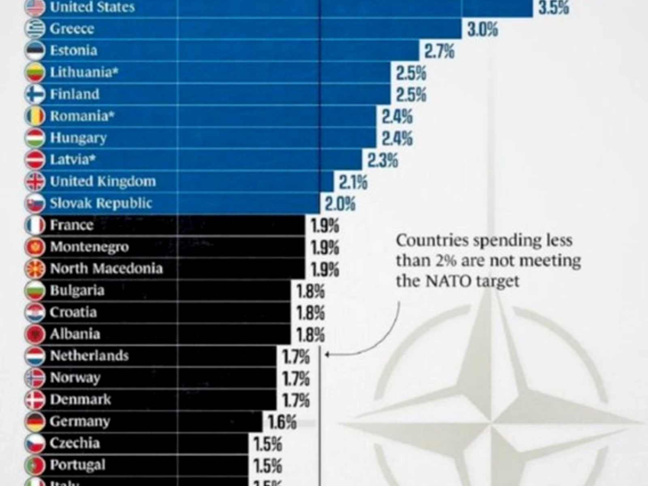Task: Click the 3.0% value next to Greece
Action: pos(482,30)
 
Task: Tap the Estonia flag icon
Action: pos(35,51)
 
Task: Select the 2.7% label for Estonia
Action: pos(439,52)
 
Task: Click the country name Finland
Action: pos(75,94)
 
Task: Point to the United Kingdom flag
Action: pos(35,181)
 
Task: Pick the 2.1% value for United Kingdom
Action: pos(353,183)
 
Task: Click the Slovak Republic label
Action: pos(101,203)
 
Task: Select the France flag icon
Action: pos(35,225)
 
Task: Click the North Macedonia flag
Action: pos(35,269)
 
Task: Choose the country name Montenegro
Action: pos(89,247)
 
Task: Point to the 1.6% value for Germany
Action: pos(282,422)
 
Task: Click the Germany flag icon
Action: pos(35,422)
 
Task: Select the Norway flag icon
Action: pos(35,378)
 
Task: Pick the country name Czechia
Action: pos(75,443)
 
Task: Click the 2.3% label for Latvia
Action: pos(383,160)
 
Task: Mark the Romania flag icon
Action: pos(35,116)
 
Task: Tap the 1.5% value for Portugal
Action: pos(268,466)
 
